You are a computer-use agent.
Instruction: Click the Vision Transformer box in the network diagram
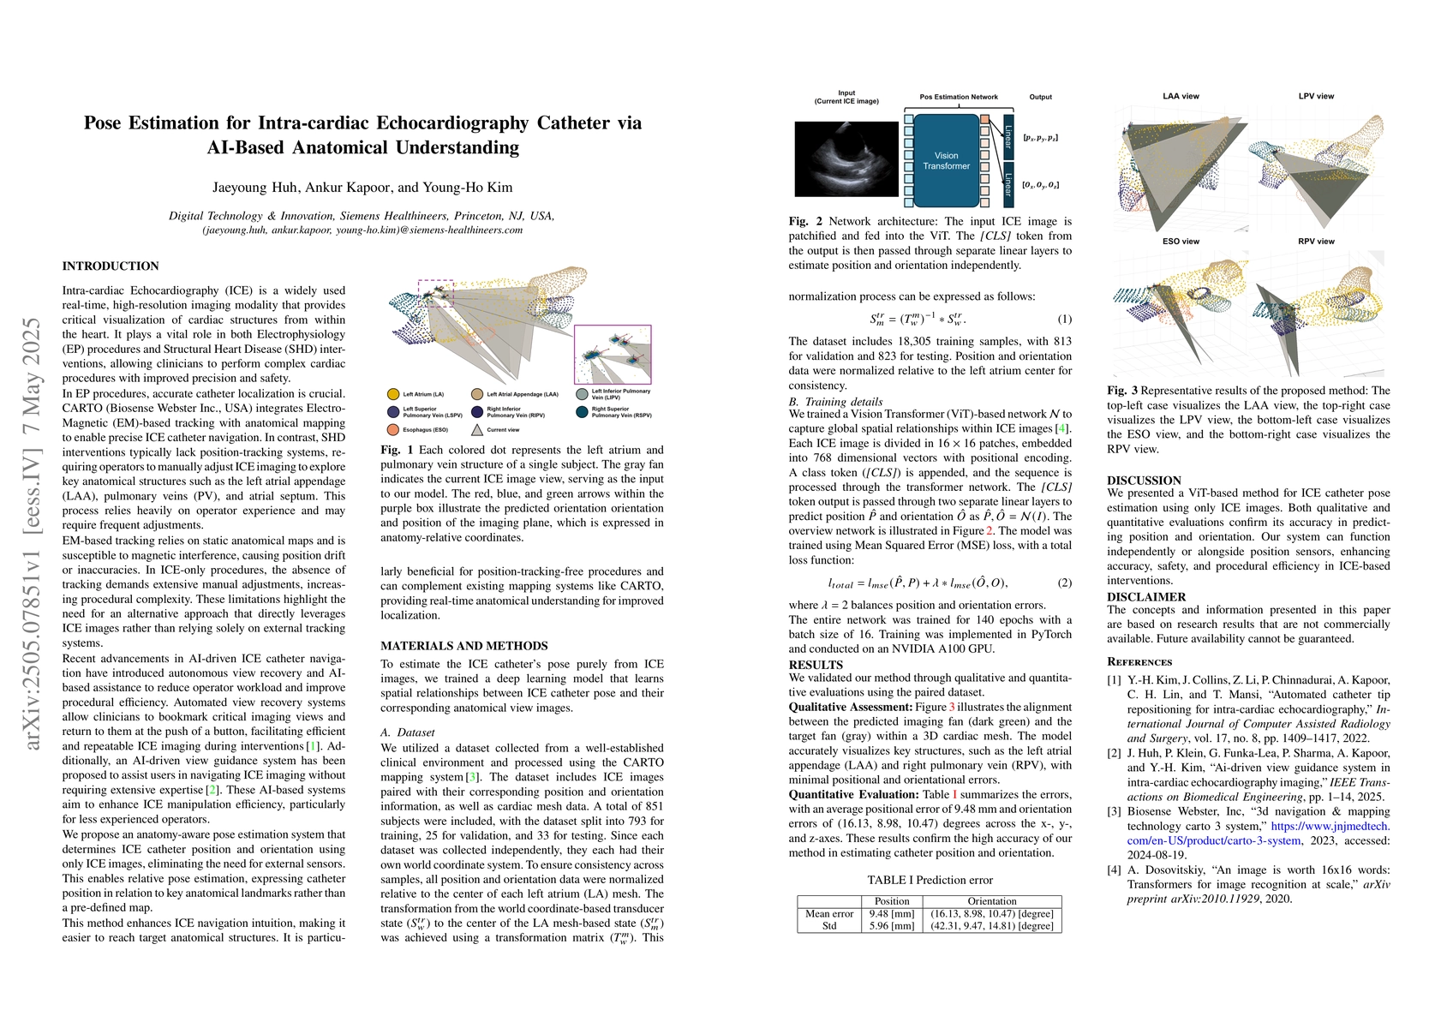click(946, 161)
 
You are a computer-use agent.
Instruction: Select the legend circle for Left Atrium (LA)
click(393, 394)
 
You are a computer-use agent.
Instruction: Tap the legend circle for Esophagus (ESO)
click(393, 429)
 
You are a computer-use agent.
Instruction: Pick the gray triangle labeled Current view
click(477, 429)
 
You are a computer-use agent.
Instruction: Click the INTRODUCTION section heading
click(111, 266)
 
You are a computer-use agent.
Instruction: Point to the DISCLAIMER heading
click(1146, 597)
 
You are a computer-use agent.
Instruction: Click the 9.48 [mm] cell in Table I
click(892, 913)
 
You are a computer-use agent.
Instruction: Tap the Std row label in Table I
click(829, 926)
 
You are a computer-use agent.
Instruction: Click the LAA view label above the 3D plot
click(1181, 96)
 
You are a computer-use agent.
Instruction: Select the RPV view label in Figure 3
click(1316, 242)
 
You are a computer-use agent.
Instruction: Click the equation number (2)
click(1064, 583)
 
